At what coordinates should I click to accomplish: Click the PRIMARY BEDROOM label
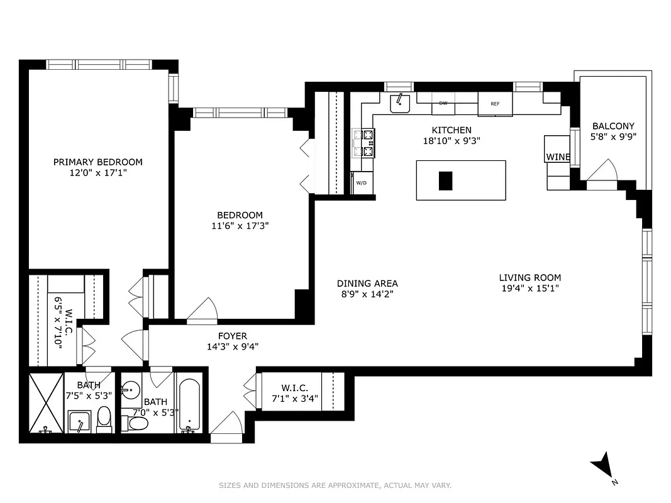[98, 162]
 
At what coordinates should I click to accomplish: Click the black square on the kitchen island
[445, 180]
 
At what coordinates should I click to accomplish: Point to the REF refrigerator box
[495, 104]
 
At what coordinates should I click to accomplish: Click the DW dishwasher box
[443, 104]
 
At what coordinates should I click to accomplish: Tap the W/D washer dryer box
[361, 183]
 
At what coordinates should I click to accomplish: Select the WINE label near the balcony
[557, 157]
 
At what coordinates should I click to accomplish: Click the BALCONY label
[613, 126]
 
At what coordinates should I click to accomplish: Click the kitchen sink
[399, 102]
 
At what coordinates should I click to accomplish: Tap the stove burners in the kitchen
[364, 142]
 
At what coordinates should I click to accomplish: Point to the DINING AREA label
[367, 284]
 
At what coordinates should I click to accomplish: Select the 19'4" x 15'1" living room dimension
[530, 288]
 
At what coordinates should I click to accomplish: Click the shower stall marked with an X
[46, 402]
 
